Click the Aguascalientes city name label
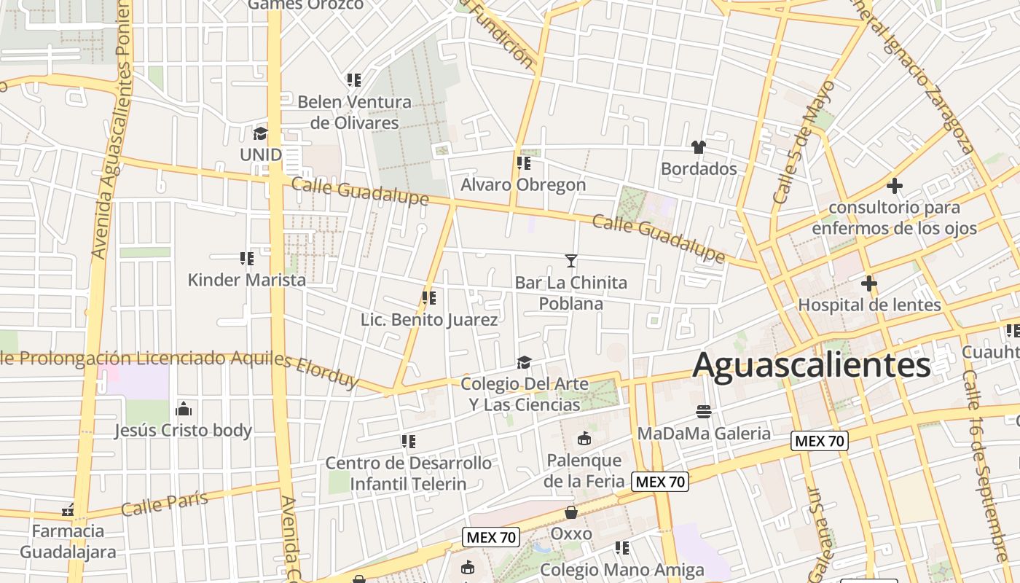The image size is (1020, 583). [811, 365]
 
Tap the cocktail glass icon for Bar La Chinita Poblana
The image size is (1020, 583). [571, 260]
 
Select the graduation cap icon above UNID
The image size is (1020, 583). [260, 133]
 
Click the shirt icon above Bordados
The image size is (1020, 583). [699, 147]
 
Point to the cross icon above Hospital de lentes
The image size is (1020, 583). [868, 283]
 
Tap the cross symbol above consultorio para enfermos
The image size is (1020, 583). [895, 186]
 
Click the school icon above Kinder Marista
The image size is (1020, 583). [247, 258]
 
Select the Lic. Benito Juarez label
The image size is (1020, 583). [429, 320]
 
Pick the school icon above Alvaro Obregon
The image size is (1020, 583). [523, 163]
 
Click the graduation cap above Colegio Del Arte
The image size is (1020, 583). [523, 362]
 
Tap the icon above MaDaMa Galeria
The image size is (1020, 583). [703, 412]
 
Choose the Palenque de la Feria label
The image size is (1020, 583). [584, 470]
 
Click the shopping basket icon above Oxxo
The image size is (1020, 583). [571, 512]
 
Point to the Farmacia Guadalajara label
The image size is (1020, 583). [68, 541]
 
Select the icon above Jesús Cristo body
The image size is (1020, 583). [184, 408]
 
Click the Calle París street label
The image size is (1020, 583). [164, 503]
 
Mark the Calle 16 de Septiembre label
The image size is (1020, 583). [984, 466]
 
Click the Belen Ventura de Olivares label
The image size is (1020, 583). [355, 112]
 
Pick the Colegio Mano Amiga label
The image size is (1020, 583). [622, 570]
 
